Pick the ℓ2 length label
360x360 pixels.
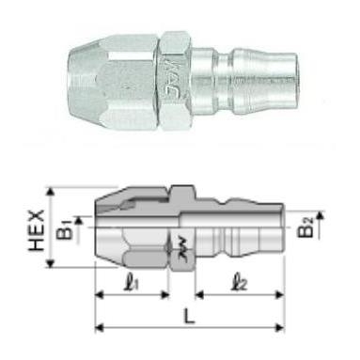(238, 278)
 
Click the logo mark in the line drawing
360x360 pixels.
(177, 247)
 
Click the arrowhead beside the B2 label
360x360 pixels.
(321, 215)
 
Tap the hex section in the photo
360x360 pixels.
(179, 68)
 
